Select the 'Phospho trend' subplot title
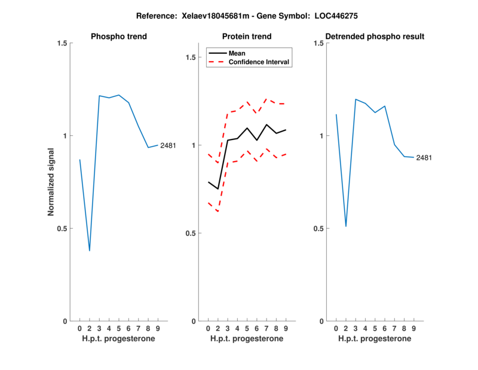(x=118, y=37)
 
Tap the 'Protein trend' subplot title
(x=246, y=37)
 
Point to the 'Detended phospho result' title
(x=375, y=37)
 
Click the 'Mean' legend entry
(x=237, y=53)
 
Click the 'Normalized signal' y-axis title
(x=51, y=182)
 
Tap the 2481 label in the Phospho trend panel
(x=168, y=145)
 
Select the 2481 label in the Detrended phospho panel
(x=424, y=158)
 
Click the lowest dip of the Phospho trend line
(x=90, y=250)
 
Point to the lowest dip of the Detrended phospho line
(x=346, y=226)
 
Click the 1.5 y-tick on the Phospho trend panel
(x=60, y=43)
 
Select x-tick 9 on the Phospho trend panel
(x=158, y=328)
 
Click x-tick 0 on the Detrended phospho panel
(x=336, y=328)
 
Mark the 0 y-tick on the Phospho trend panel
(x=65, y=322)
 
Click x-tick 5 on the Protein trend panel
(x=247, y=328)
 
